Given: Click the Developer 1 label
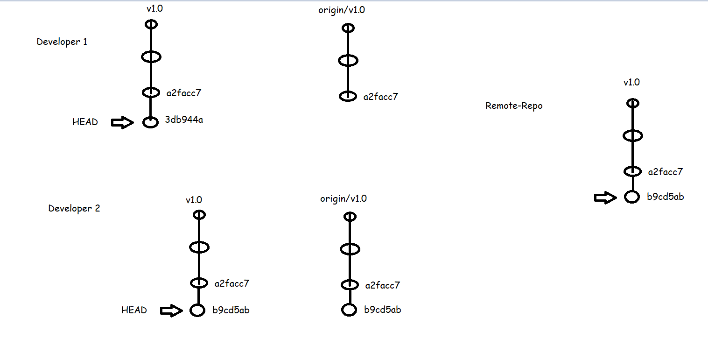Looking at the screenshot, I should click(x=62, y=42).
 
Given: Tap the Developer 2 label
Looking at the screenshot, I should click(x=74, y=208).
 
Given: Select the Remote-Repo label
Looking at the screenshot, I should click(x=514, y=106).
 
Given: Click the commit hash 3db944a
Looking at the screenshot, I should click(x=184, y=120).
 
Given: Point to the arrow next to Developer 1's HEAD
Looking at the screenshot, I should click(x=122, y=123).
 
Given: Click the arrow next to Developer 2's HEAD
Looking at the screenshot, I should click(x=171, y=311).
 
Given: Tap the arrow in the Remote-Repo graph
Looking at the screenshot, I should click(x=605, y=198).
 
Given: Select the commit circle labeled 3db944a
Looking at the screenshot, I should click(x=150, y=123).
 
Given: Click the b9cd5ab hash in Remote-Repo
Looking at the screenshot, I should click(x=666, y=197).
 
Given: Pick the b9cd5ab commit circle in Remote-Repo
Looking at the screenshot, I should click(x=631, y=197).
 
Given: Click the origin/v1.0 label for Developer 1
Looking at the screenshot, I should click(x=342, y=10).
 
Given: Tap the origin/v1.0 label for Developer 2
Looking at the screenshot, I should click(x=343, y=199).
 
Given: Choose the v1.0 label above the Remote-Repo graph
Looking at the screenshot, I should click(x=631, y=83).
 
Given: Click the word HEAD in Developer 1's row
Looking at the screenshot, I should click(x=85, y=122).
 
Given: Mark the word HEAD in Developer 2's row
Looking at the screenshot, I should click(x=134, y=310).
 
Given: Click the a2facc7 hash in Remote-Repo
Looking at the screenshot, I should click(x=666, y=172).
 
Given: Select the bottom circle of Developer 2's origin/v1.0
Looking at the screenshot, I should click(x=349, y=310).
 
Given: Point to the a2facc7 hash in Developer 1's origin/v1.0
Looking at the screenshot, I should click(x=381, y=97).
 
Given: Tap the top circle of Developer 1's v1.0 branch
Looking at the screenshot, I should click(x=151, y=24).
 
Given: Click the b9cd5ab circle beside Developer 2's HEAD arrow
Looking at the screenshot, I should click(x=197, y=310).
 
